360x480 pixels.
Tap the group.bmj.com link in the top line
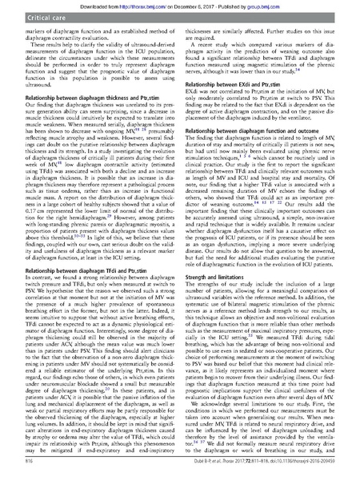point(266,4)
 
